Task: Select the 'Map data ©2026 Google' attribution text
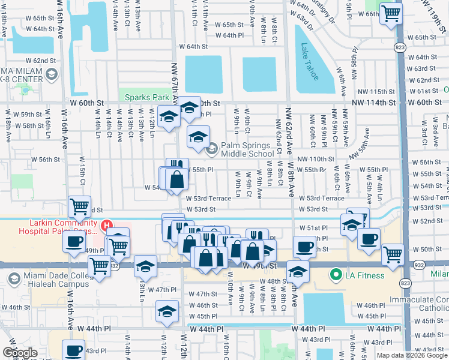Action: (411, 355)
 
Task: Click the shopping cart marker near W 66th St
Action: (391, 13)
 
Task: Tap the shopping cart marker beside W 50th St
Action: (393, 253)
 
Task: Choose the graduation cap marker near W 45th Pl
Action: (167, 311)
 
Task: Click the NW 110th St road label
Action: (315, 158)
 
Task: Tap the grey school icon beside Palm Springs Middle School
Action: (212, 149)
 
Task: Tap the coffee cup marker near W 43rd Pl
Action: (74, 350)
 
